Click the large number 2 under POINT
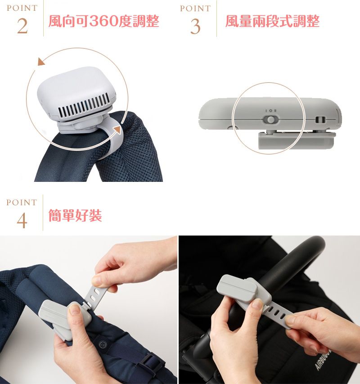point(22,26)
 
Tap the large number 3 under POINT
point(195,27)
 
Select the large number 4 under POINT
point(22,221)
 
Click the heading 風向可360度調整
point(104,21)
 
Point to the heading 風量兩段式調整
point(272,21)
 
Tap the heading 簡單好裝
point(75,216)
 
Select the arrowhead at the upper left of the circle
point(41,62)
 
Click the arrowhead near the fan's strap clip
point(118,130)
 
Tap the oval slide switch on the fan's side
point(270,120)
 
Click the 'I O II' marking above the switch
point(270,111)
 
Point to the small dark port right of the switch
point(320,120)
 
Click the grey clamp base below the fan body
point(297,140)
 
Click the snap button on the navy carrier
point(103,344)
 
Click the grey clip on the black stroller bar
point(244,290)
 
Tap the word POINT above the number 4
point(22,202)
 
